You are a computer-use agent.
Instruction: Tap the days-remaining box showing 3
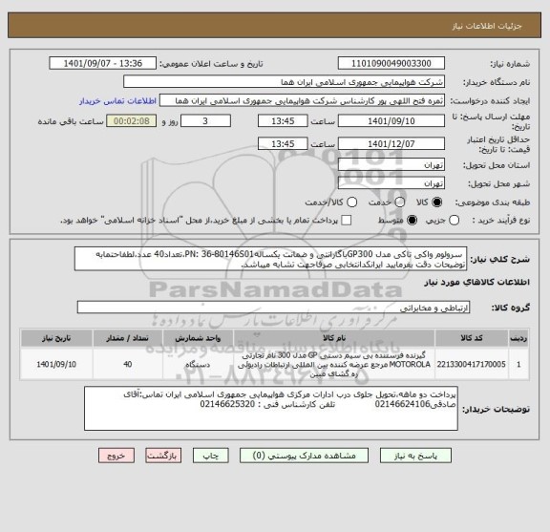click(x=210, y=122)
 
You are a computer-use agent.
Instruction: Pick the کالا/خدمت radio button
click(x=355, y=202)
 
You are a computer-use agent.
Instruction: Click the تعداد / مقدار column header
click(x=129, y=337)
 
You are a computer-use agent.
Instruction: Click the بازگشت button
click(x=169, y=455)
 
